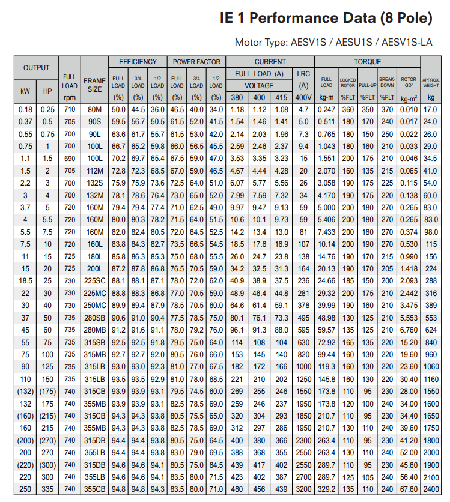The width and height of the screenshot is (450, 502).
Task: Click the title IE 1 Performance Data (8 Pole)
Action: (326, 18)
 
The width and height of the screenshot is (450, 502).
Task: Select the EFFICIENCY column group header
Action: (138, 62)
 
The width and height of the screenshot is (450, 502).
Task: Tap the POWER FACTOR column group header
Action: (196, 62)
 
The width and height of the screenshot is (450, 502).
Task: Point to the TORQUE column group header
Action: (367, 62)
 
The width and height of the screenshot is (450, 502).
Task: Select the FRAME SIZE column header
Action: (94, 85)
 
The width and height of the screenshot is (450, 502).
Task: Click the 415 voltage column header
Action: (281, 97)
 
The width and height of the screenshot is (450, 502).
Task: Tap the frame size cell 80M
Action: (94, 110)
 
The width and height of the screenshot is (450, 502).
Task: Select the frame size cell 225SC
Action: (94, 280)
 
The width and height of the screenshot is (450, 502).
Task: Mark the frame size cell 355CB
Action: (94, 489)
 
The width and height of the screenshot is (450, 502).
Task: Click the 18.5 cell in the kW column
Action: (25, 280)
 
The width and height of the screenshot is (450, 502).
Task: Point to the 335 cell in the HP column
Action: (47, 489)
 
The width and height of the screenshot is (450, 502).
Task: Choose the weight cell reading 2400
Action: (431, 489)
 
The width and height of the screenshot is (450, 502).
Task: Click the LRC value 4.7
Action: (303, 110)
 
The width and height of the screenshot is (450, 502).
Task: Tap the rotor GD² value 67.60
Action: (409, 489)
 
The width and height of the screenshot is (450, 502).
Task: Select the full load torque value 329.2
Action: (326, 489)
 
